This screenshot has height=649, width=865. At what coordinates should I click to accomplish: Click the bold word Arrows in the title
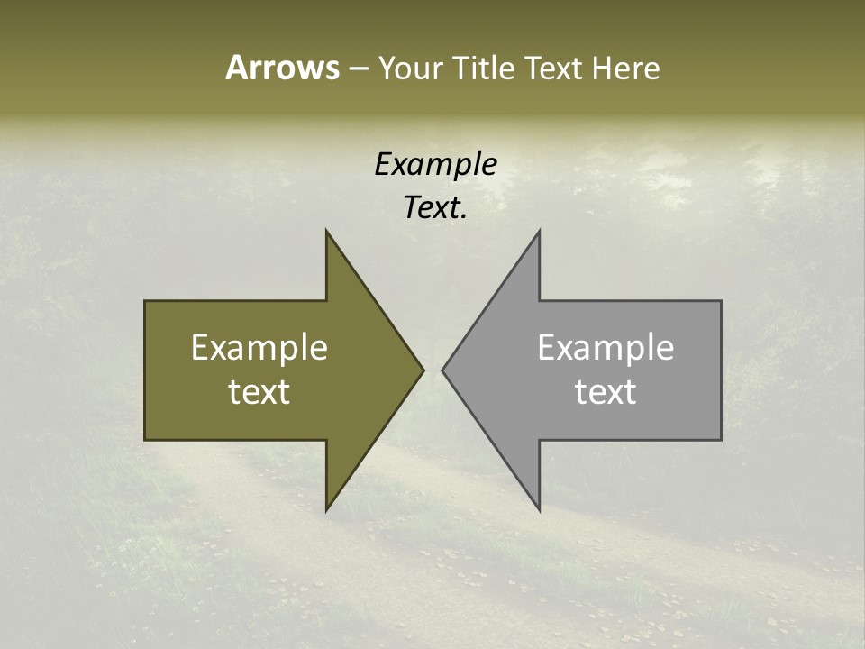[282, 68]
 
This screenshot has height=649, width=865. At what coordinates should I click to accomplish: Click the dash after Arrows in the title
[358, 69]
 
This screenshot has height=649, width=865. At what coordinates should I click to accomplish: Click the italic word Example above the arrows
[435, 164]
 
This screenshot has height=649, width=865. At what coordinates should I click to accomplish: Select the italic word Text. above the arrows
[435, 208]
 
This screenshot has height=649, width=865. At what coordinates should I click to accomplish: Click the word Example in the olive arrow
[259, 347]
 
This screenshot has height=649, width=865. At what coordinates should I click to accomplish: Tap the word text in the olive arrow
[259, 392]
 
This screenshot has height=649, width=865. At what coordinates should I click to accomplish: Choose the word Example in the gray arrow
[605, 347]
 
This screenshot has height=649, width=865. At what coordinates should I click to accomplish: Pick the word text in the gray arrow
[605, 392]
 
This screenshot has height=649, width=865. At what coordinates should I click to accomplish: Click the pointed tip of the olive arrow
[423, 370]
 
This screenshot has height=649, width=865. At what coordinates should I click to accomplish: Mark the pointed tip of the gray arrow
[442, 370]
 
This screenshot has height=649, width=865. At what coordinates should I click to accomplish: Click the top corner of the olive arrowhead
[326, 231]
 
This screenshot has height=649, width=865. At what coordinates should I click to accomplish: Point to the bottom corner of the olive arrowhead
[326, 510]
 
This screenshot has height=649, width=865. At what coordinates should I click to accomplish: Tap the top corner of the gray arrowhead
[540, 231]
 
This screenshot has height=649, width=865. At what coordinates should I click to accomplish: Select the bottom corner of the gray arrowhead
[540, 510]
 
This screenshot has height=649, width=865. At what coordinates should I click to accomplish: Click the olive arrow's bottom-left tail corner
[145, 440]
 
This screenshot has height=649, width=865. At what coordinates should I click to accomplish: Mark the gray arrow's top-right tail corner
[721, 301]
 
